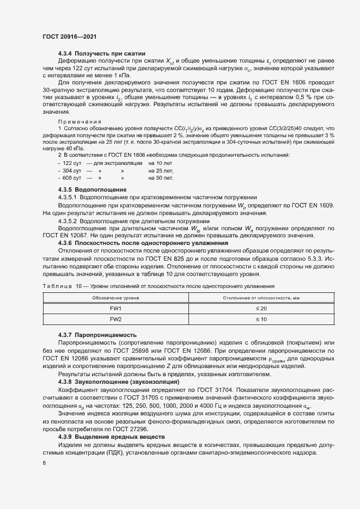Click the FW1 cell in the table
coord(115,309)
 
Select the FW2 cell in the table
coord(115,319)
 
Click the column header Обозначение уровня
coord(115,298)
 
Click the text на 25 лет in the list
coord(161,170)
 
